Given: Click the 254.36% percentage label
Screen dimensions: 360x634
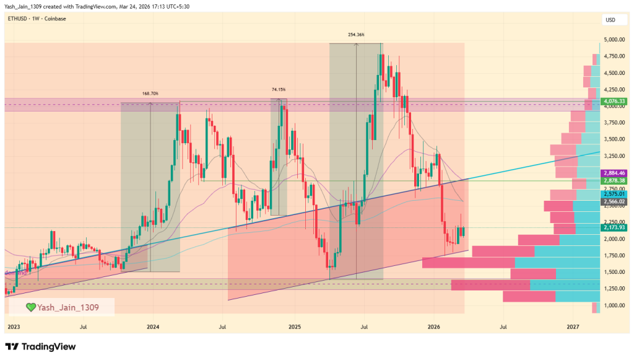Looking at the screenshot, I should [x=356, y=35].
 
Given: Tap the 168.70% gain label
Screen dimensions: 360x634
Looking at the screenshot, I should [x=150, y=94].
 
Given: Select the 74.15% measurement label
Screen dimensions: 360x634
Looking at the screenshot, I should [x=279, y=90].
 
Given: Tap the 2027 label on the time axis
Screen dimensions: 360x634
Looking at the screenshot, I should [x=573, y=327].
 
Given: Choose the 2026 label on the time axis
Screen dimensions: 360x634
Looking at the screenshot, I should [x=434, y=327].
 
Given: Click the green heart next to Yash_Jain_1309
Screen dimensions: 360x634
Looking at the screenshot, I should [x=30, y=307].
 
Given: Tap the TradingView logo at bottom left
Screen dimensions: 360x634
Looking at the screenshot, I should [x=40, y=346].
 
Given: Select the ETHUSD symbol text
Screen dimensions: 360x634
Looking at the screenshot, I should [x=18, y=19].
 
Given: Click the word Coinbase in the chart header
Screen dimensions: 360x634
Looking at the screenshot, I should [x=55, y=19].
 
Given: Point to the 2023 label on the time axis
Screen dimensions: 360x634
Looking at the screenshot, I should [x=14, y=327].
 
